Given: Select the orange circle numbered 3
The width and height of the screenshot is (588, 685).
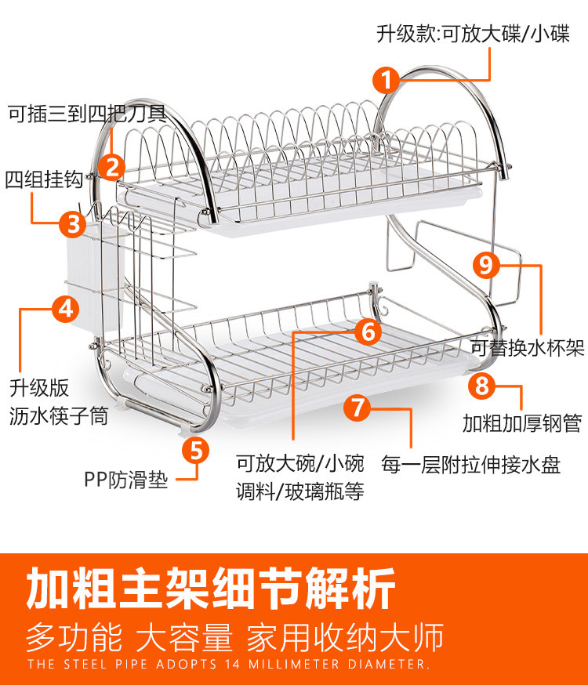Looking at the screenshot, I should click(x=73, y=223).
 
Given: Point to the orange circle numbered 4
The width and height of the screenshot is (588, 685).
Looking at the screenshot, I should click(x=66, y=308).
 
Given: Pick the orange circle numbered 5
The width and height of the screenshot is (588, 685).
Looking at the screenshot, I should click(x=196, y=450).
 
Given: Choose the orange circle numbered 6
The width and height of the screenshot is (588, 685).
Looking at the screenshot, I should click(x=368, y=332).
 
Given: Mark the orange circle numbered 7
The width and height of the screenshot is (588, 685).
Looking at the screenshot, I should click(x=357, y=408).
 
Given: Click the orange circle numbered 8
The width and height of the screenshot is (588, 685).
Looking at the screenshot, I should click(x=482, y=386).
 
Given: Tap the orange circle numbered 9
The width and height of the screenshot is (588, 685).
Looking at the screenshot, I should click(x=486, y=265).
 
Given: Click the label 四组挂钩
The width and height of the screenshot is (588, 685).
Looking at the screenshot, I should click(x=44, y=179).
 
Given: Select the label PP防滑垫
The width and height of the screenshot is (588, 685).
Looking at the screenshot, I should click(x=125, y=479).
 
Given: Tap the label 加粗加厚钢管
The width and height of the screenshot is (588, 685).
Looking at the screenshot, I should click(x=521, y=424).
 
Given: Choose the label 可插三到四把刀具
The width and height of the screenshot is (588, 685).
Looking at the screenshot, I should click(x=86, y=113).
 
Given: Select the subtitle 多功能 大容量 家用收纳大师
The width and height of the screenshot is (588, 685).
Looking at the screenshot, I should click(x=235, y=637).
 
